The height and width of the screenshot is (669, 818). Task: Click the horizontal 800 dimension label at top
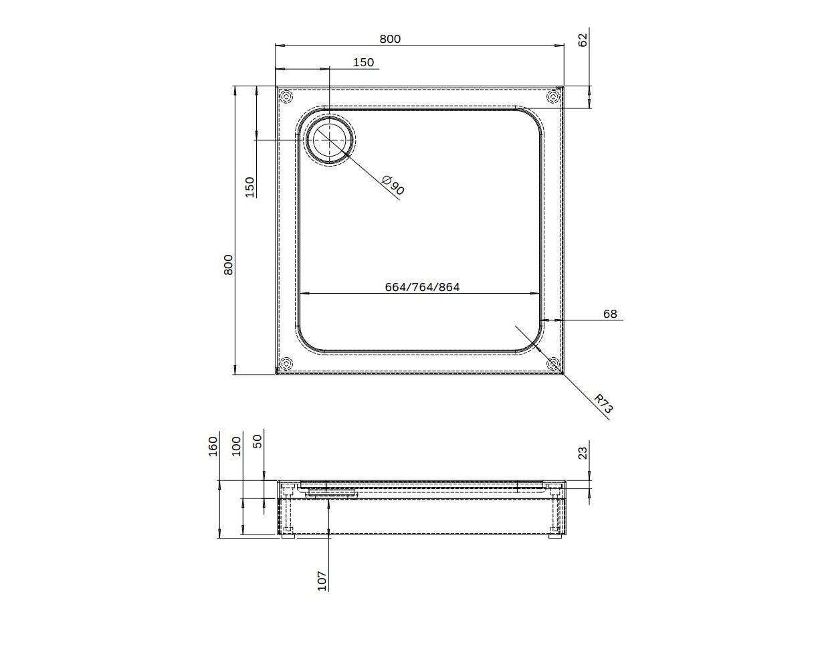pyautogui.click(x=390, y=39)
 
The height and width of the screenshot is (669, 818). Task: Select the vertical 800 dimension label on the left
pyautogui.click(x=229, y=265)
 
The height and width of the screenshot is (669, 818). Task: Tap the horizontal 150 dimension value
pyautogui.click(x=363, y=62)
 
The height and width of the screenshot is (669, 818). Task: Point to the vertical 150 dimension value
pyautogui.click(x=250, y=187)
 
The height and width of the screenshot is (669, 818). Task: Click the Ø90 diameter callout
pyautogui.click(x=393, y=185)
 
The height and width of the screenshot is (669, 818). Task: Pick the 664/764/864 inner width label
pyautogui.click(x=422, y=287)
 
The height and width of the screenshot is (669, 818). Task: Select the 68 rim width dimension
pyautogui.click(x=610, y=314)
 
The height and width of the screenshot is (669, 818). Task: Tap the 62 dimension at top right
pyautogui.click(x=583, y=40)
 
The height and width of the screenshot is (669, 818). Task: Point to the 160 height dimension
pyautogui.click(x=213, y=446)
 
